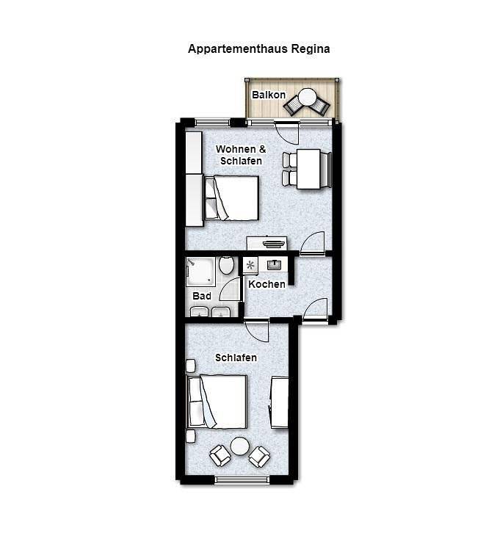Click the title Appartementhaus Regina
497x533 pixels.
pyautogui.click(x=258, y=49)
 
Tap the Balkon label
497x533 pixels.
pyautogui.click(x=269, y=95)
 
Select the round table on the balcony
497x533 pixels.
pyautogui.click(x=308, y=97)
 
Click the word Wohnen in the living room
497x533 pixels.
pyautogui.click(x=236, y=149)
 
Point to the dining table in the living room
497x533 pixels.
pyautogui.click(x=308, y=169)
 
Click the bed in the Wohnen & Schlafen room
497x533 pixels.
pyautogui.click(x=232, y=198)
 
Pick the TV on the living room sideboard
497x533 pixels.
pyautogui.click(x=273, y=244)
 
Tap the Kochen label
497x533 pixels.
pyautogui.click(x=267, y=284)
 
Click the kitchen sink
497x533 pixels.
pyautogui.click(x=274, y=265)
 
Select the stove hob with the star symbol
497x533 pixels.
pyautogui.click(x=250, y=265)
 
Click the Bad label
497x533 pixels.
pyautogui.click(x=202, y=296)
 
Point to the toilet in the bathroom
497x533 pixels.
pyautogui.click(x=226, y=265)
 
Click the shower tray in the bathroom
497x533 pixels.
pyautogui.click(x=200, y=271)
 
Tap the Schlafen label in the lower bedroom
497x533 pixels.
pyautogui.click(x=236, y=358)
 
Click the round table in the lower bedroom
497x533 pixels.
pyautogui.click(x=239, y=446)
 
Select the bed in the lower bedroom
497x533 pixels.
pyautogui.click(x=217, y=402)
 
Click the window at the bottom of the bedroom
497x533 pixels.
pyautogui.click(x=242, y=479)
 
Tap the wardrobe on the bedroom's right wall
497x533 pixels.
pyautogui.click(x=280, y=402)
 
